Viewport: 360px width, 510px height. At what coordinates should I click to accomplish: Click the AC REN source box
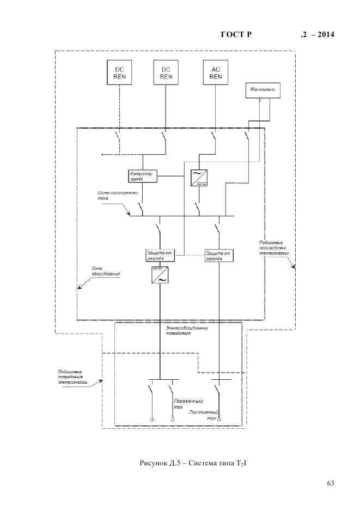click(x=216, y=72)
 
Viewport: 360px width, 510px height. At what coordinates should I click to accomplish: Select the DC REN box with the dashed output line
click(x=119, y=72)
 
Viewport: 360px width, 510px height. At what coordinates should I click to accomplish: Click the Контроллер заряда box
click(x=143, y=175)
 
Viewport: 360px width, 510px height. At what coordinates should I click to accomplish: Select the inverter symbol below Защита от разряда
click(x=160, y=276)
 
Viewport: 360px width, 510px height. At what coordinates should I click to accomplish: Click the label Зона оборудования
click(x=106, y=271)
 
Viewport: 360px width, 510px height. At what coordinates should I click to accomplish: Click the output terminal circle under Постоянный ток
click(x=219, y=420)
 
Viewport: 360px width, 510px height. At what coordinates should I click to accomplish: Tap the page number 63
click(x=330, y=483)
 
